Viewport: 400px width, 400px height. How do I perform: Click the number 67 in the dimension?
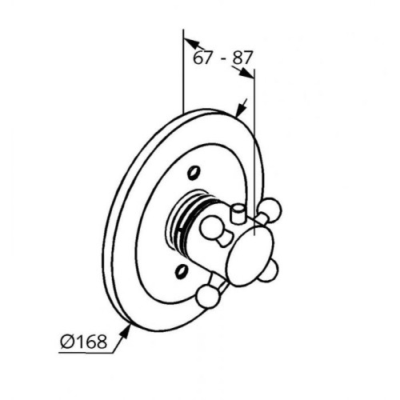[x=203, y=58]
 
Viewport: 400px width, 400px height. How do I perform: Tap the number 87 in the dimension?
[x=242, y=58]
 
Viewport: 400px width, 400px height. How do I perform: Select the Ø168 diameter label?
[x=83, y=342]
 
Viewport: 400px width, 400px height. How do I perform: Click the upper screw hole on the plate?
[x=194, y=173]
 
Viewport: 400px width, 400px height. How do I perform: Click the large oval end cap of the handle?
[x=251, y=258]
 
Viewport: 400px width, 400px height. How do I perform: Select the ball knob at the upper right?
[x=270, y=210]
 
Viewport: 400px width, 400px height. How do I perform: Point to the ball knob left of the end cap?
[x=211, y=226]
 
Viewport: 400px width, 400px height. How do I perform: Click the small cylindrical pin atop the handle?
[x=237, y=213]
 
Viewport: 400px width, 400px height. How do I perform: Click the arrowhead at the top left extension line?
[x=191, y=43]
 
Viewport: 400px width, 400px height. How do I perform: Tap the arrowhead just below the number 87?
[x=246, y=73]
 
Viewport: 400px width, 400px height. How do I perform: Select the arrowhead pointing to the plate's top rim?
[x=241, y=109]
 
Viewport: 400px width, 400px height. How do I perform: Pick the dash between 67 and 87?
[x=222, y=59]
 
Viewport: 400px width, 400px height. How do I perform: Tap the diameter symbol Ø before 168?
[x=66, y=342]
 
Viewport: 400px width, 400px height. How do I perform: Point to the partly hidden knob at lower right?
[x=269, y=272]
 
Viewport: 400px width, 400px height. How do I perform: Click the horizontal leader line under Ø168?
[x=86, y=353]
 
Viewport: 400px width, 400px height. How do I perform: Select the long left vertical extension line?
[x=183, y=71]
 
